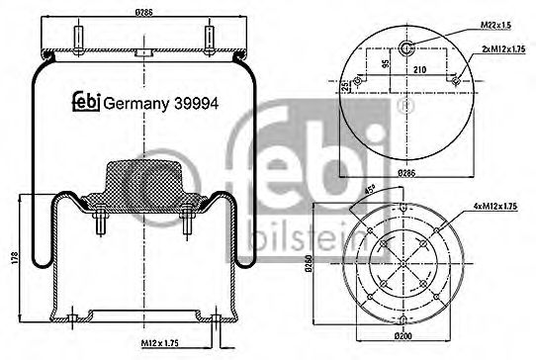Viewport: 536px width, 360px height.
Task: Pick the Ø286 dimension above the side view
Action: [146, 11]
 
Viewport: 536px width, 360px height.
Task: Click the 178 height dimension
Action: [13, 259]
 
